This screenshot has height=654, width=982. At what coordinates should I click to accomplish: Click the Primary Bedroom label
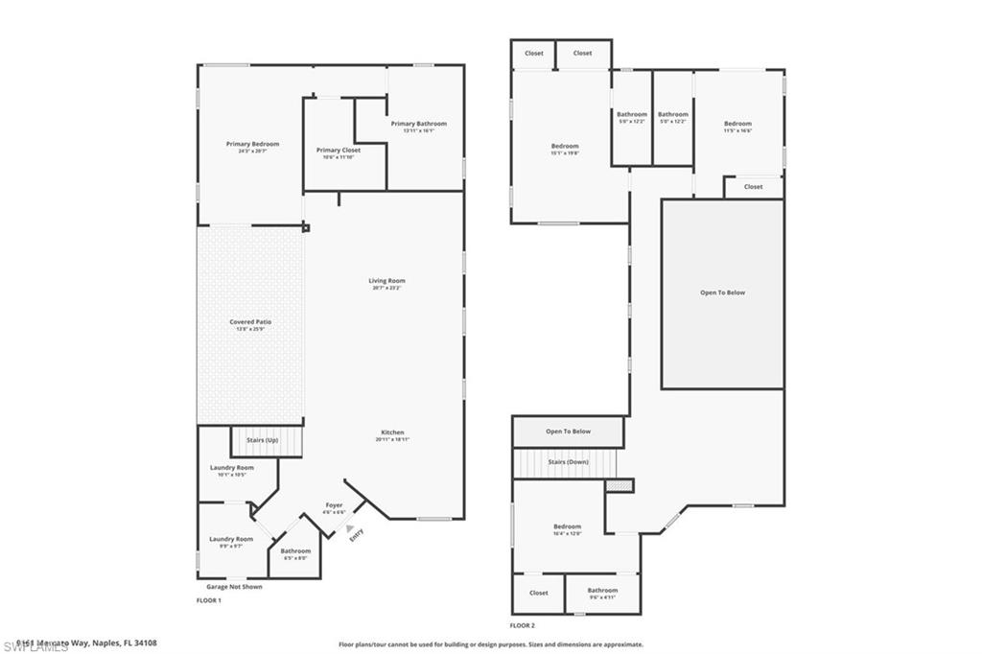tap(252, 145)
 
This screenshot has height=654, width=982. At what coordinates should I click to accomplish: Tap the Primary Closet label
tap(339, 151)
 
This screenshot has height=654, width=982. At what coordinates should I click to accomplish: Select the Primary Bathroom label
tap(418, 124)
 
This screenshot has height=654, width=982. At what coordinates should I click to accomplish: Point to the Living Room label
tap(386, 281)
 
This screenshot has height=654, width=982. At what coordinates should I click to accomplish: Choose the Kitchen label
tap(391, 432)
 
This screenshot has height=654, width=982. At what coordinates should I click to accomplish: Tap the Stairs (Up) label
tap(263, 440)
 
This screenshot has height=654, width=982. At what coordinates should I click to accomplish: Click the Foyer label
tap(334, 505)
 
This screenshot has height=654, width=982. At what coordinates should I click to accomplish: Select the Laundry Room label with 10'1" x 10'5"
tap(231, 468)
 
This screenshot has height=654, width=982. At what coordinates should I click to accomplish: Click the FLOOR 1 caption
tap(208, 600)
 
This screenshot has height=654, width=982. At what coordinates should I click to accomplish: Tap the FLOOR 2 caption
tap(524, 624)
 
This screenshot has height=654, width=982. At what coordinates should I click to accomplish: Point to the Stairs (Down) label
tap(569, 462)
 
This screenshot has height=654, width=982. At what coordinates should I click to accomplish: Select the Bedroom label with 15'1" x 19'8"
tap(565, 146)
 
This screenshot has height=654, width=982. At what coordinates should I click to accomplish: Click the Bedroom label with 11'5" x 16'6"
tap(737, 124)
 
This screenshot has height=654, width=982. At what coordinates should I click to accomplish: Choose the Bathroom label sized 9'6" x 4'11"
tap(602, 591)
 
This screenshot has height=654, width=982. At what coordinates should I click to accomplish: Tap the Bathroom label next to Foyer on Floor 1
tap(295, 551)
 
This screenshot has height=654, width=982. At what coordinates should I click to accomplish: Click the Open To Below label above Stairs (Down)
tap(569, 432)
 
